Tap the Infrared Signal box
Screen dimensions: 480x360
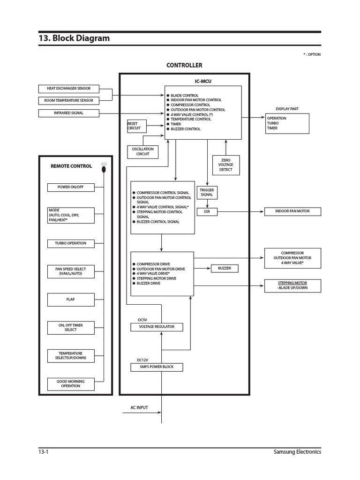click(x=68, y=113)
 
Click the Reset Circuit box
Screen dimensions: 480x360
click(x=136, y=126)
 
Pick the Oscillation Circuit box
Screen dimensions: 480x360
click(x=143, y=152)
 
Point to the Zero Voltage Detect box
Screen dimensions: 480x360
click(x=226, y=165)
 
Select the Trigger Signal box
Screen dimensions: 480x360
click(x=207, y=193)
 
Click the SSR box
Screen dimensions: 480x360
click(x=207, y=211)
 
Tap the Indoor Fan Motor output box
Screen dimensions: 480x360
click(x=292, y=211)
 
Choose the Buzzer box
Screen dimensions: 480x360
click(x=225, y=269)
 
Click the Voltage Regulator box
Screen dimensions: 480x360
click(x=157, y=327)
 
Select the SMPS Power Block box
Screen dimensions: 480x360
click(x=157, y=367)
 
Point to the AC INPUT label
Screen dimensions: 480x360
click(x=139, y=408)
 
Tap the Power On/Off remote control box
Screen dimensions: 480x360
click(x=70, y=187)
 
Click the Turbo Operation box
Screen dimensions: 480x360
click(x=70, y=243)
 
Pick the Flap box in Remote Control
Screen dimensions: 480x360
click(x=70, y=299)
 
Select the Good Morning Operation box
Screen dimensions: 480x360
click(x=70, y=384)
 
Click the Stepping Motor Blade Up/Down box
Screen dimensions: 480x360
click(x=292, y=285)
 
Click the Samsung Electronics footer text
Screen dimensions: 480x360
click(x=297, y=452)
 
